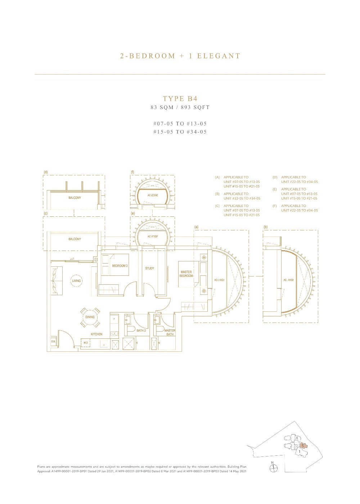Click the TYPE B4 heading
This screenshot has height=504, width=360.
180,99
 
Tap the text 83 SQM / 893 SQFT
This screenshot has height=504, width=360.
180,107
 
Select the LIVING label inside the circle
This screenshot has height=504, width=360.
76,281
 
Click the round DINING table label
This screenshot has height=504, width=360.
90,317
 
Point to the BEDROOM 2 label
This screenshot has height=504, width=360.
120,266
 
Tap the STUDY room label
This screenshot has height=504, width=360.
150,268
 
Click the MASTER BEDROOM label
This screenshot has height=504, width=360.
186,274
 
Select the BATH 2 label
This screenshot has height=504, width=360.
141,330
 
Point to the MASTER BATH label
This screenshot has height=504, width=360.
170,332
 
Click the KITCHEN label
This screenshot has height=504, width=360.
96,334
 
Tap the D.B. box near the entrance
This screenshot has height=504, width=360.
53,342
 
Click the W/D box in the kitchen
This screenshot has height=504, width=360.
85,343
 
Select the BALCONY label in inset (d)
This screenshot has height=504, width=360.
75,198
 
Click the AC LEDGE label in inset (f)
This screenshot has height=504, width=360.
153,195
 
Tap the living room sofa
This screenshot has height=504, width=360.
57,280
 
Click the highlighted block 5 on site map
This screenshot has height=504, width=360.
303,445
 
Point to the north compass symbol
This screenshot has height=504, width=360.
274,468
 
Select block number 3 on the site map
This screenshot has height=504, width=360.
290,438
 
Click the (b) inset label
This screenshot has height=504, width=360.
265,227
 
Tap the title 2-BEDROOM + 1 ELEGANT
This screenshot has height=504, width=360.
180,56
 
